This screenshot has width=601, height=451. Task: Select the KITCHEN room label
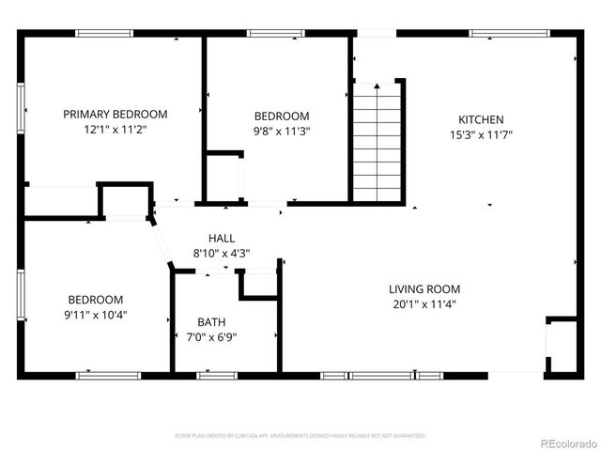tap(481, 119)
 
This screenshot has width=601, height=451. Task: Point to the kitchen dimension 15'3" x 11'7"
tap(481, 134)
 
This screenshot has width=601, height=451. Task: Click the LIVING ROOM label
tap(424, 288)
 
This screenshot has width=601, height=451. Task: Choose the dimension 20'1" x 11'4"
tap(424, 303)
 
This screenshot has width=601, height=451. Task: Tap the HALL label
tap(222, 239)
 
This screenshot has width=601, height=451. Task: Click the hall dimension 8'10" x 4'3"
tap(222, 253)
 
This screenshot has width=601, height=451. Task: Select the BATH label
tap(211, 322)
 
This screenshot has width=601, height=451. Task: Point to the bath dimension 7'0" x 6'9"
tap(211, 337)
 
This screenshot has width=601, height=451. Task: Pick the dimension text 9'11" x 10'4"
tap(97, 315)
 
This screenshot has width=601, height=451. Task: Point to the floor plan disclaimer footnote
tap(300, 436)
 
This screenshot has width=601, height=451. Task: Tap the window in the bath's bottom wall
tap(217, 375)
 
